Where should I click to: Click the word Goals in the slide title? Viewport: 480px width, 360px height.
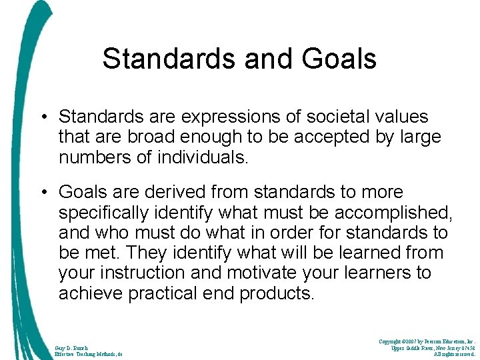point(340,59)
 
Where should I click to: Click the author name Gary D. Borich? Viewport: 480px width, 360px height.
point(71,347)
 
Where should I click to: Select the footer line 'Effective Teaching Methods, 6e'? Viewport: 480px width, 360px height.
point(88,354)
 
